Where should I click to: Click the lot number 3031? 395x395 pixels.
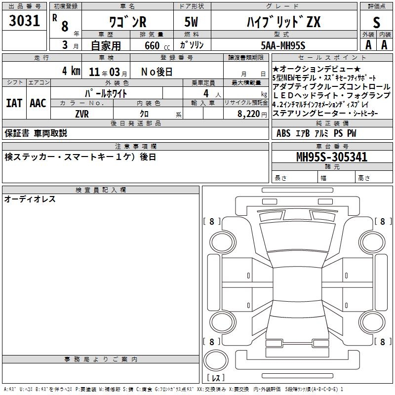point(24,20)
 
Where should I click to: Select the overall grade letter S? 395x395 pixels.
point(376,22)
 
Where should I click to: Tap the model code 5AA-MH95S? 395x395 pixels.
point(283,45)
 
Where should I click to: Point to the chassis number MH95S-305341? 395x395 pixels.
point(332,157)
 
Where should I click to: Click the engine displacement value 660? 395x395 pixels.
point(152,45)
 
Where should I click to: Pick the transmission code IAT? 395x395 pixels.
point(14,103)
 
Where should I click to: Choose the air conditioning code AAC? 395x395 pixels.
point(38,103)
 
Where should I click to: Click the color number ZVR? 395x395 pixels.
point(82,114)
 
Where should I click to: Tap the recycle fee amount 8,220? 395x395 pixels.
point(248,114)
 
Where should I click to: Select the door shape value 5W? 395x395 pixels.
point(191,22)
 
